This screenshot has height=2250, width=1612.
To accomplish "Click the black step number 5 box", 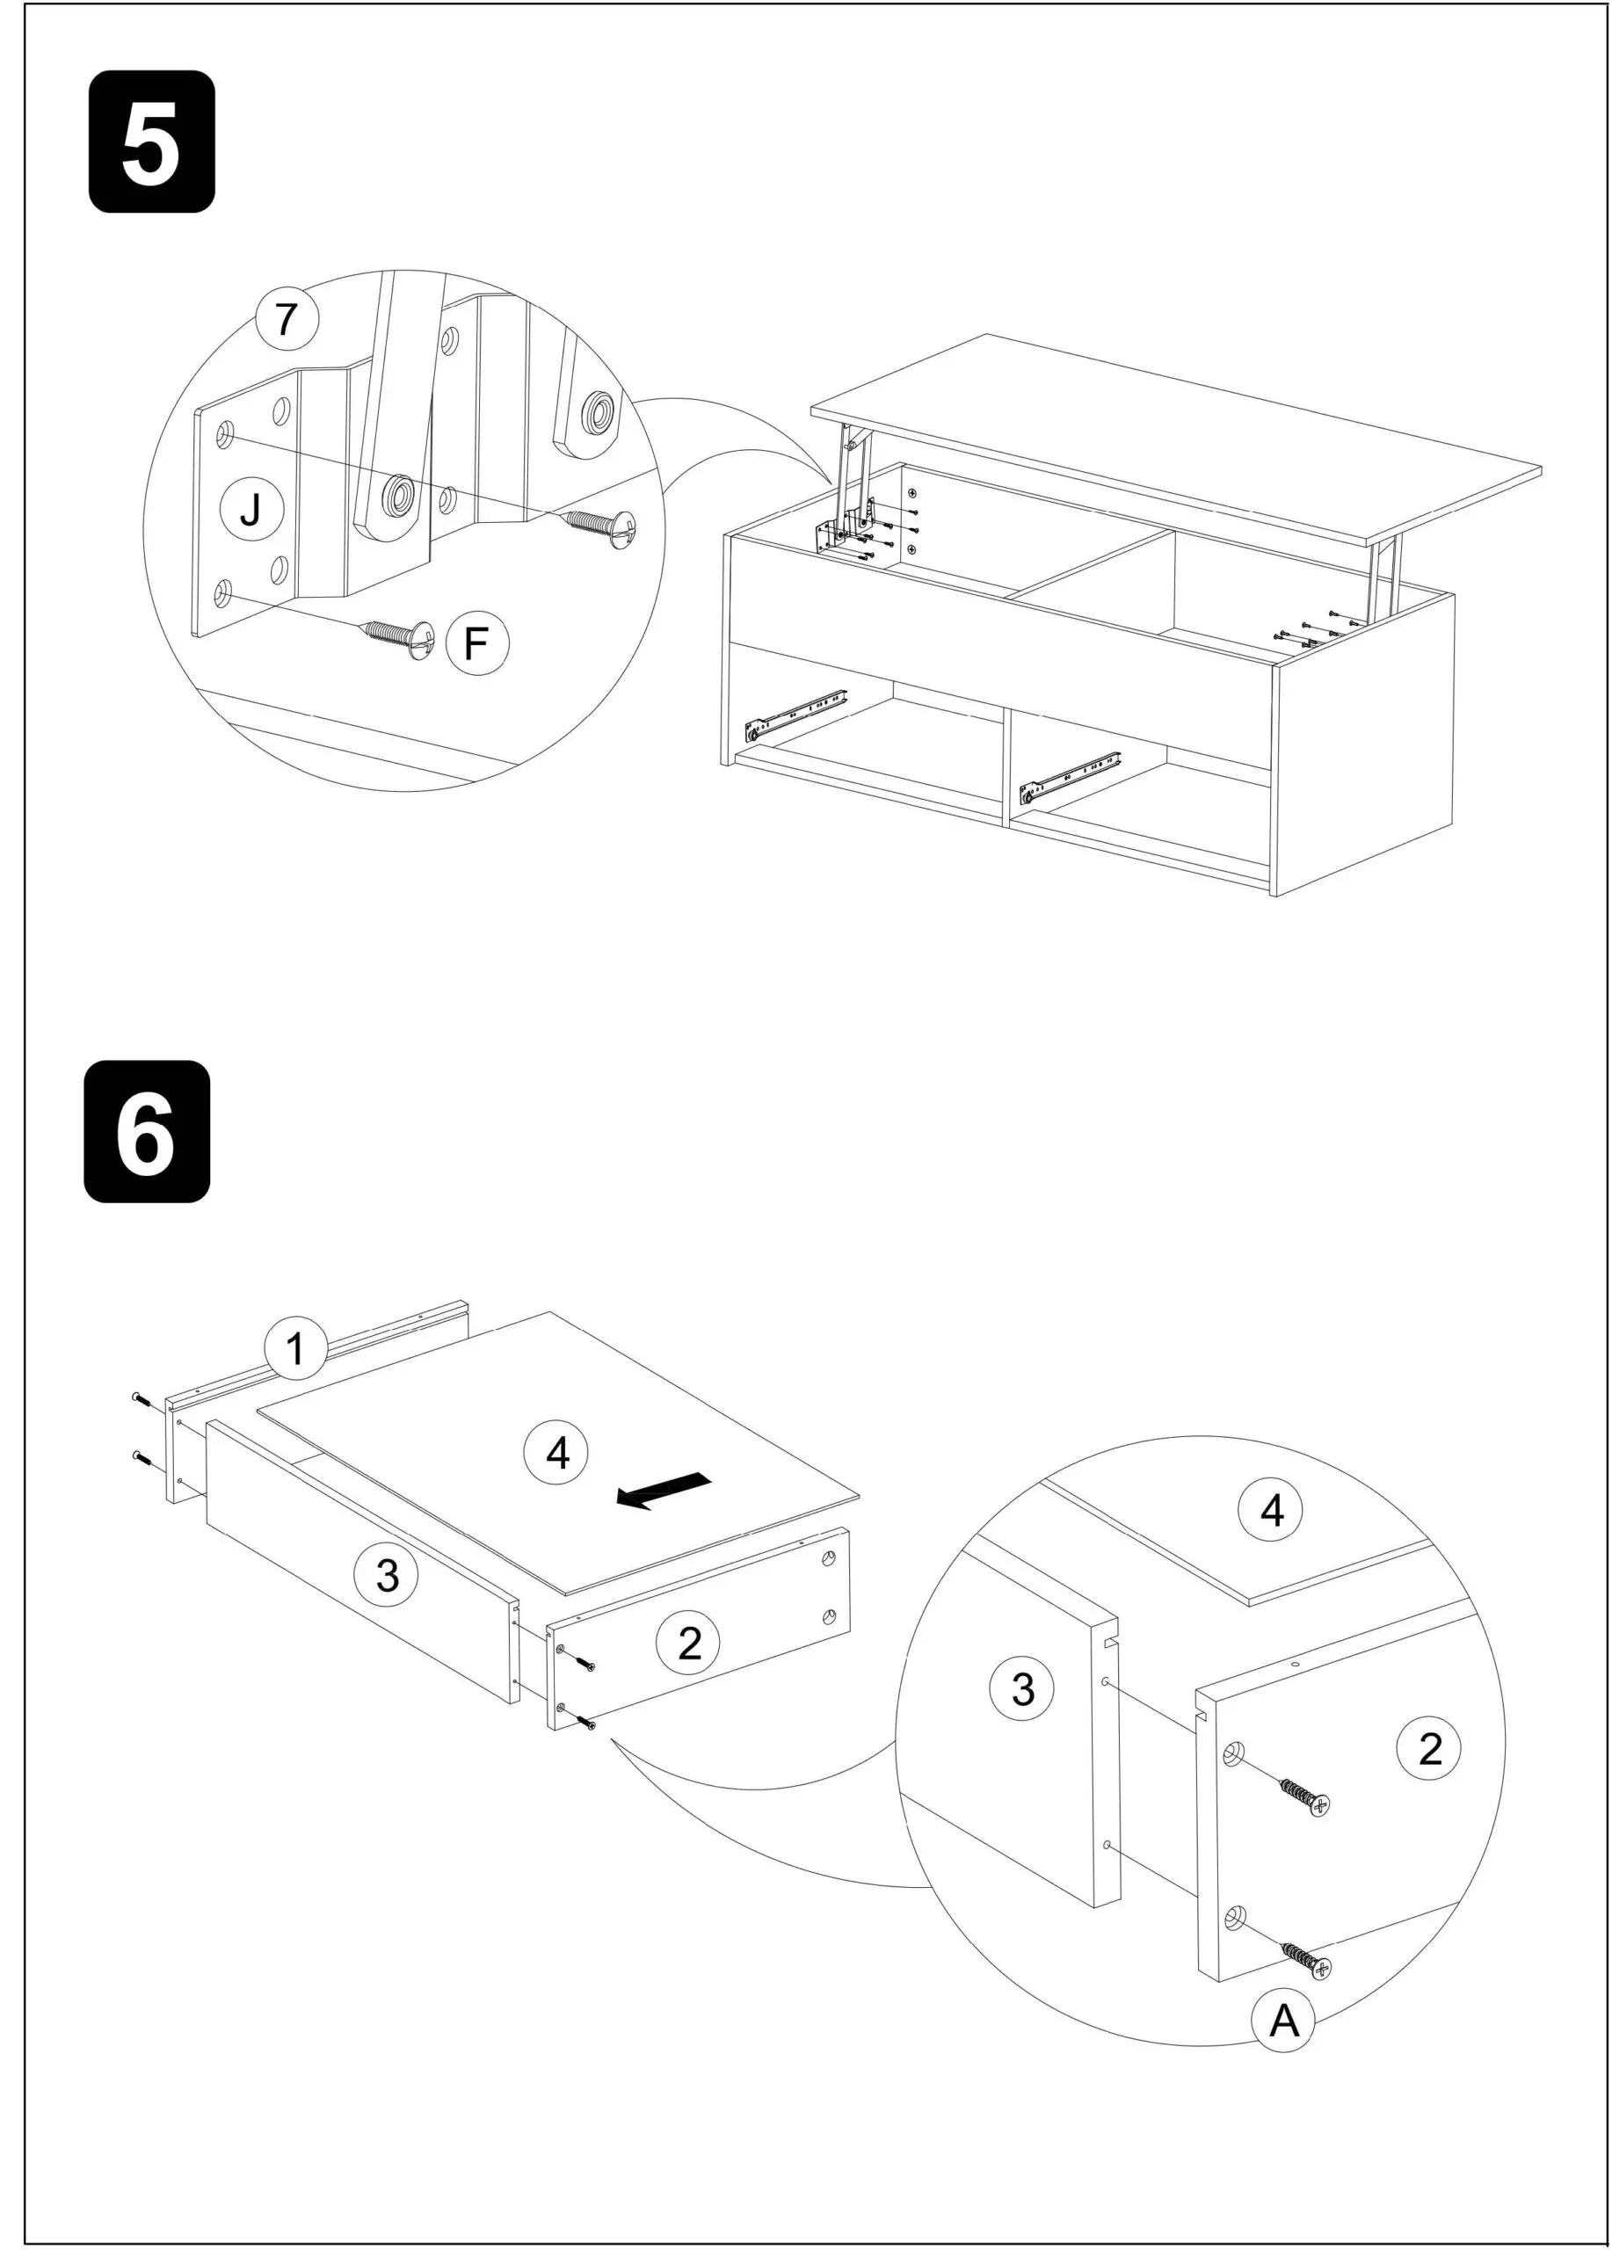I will (x=152, y=141).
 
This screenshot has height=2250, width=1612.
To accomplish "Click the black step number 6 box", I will (x=147, y=1132).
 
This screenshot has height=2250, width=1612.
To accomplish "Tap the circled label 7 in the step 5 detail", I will (x=287, y=318).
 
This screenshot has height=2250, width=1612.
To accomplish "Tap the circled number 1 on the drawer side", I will (x=295, y=1348).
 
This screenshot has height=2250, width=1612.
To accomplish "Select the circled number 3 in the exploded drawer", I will (x=388, y=1574).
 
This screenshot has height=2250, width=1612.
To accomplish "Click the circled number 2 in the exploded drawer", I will (x=688, y=1643).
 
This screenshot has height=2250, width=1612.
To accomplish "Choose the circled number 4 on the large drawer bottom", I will (x=556, y=1454).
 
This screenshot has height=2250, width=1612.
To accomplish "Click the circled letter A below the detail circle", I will (x=1282, y=2021).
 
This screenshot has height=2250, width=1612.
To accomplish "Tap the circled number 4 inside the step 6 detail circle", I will (x=1271, y=1510).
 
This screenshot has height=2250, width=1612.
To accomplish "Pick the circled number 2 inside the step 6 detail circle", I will (x=1428, y=1747).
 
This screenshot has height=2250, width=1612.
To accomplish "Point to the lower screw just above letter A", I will (x=1310, y=1962).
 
